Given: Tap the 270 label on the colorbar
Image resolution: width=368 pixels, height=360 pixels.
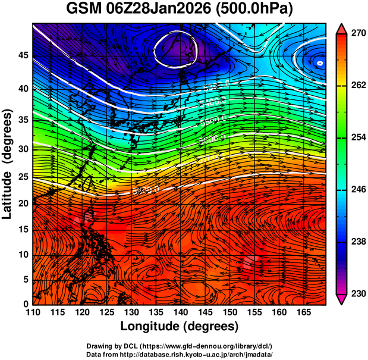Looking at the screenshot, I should (x=357, y=33).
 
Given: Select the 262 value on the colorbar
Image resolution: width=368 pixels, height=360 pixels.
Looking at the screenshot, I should (x=357, y=86).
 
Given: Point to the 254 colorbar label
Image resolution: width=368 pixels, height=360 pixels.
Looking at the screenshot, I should (x=357, y=137).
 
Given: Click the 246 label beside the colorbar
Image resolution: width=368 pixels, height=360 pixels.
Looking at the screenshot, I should (x=357, y=190).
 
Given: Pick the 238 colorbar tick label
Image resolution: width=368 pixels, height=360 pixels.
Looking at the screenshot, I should (x=357, y=242).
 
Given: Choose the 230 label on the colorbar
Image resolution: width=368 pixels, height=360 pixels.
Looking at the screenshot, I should (x=357, y=293).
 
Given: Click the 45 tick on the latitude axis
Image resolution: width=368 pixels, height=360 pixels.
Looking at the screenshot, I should (x=22, y=55).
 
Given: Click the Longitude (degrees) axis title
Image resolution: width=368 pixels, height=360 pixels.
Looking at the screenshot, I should (x=180, y=326).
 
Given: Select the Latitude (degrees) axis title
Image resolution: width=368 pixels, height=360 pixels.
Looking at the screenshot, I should (x=8, y=164).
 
